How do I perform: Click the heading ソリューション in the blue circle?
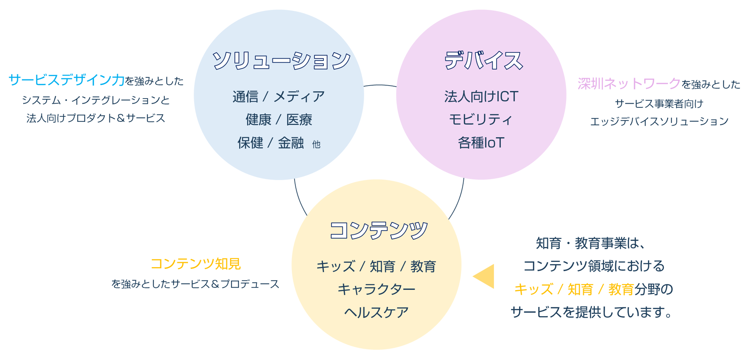point(281,60)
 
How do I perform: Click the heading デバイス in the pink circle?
point(483,60)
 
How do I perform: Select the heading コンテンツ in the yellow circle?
point(379,230)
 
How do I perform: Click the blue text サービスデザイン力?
point(67,80)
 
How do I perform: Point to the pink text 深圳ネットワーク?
point(629,83)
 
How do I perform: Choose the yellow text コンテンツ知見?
point(196,264)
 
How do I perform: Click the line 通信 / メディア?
point(279,96)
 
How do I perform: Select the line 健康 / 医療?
point(279,120)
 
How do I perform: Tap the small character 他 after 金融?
point(316,144)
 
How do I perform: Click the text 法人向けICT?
point(481,96)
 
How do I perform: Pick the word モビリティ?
point(481,120)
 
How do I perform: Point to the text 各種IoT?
point(481,143)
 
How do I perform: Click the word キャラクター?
point(376,289)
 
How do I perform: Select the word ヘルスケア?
point(376,312)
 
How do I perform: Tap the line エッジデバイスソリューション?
point(659,121)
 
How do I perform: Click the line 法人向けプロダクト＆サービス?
point(96,118)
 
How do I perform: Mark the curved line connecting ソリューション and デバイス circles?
point(380,85)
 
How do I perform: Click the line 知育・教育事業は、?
point(591,243)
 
